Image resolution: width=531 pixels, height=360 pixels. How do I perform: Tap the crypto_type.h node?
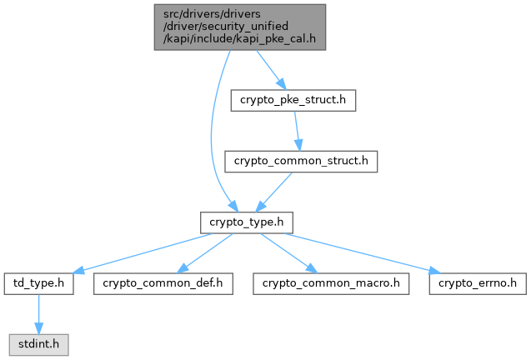click(x=246, y=222)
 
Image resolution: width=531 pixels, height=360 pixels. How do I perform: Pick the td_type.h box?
click(x=39, y=282)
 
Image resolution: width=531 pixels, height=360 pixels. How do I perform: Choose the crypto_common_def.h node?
click(x=163, y=282)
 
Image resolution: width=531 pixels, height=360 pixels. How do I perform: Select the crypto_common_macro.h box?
click(x=331, y=282)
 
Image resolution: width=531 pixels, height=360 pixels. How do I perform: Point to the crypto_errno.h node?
click(x=478, y=282)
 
